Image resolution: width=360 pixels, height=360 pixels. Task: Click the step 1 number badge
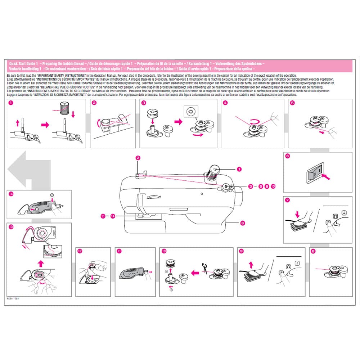click(11, 103)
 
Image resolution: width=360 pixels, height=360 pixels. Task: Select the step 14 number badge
click(11, 194)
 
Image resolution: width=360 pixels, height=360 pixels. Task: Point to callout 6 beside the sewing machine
click(242, 223)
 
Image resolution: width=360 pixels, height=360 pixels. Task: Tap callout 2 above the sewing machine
click(138, 158)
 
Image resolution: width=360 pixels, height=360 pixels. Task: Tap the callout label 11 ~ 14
click(108, 216)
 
